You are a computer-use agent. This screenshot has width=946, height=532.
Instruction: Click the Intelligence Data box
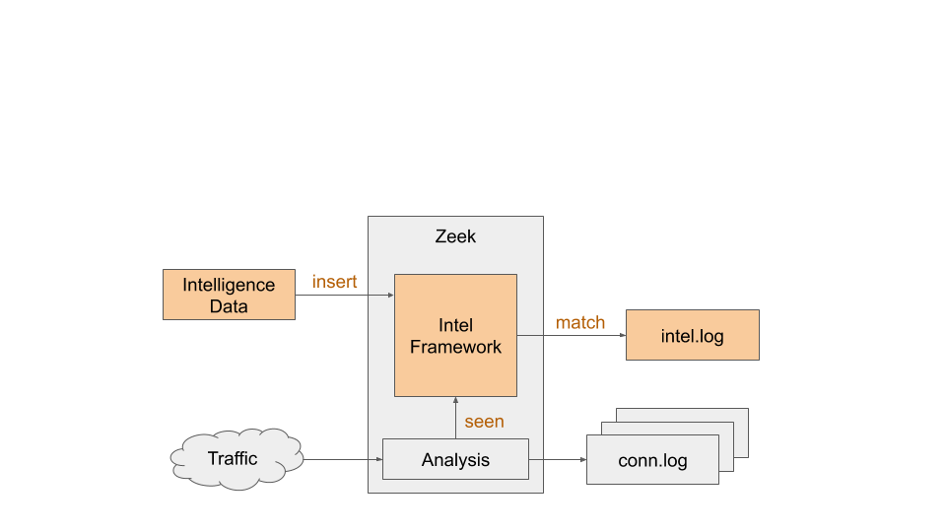(x=229, y=295)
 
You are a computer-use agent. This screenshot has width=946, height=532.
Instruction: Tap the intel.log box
(x=692, y=335)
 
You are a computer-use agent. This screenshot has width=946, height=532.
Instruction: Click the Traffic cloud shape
(x=234, y=458)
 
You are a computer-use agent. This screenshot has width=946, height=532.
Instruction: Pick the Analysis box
(x=455, y=459)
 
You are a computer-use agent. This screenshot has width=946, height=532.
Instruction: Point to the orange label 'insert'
(x=334, y=282)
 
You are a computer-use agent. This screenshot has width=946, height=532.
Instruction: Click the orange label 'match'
(x=580, y=322)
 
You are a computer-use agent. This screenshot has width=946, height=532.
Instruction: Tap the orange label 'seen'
(x=484, y=422)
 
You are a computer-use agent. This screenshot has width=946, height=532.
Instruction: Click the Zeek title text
(x=455, y=236)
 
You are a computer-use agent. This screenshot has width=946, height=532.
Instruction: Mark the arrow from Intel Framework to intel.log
(x=572, y=335)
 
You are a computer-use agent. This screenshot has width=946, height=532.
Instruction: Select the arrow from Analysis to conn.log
(x=558, y=459)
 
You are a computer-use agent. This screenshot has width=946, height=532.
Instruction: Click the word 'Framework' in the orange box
(x=455, y=347)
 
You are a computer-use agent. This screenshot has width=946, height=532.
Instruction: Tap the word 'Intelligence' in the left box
(x=229, y=285)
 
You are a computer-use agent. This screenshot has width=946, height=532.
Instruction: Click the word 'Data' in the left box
(x=229, y=306)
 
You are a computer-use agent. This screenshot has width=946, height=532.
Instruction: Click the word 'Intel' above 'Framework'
(x=455, y=325)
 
